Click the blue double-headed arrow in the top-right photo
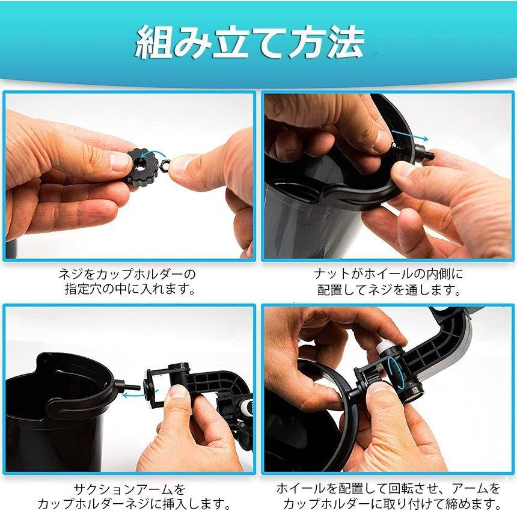(x=409, y=135)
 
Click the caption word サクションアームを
(x=130, y=489)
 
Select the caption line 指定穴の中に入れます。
(x=130, y=289)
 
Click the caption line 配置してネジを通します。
(x=389, y=289)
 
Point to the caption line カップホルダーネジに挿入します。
(x=134, y=503)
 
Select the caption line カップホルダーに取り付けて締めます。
(x=392, y=503)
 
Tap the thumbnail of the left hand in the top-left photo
(x=121, y=161)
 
